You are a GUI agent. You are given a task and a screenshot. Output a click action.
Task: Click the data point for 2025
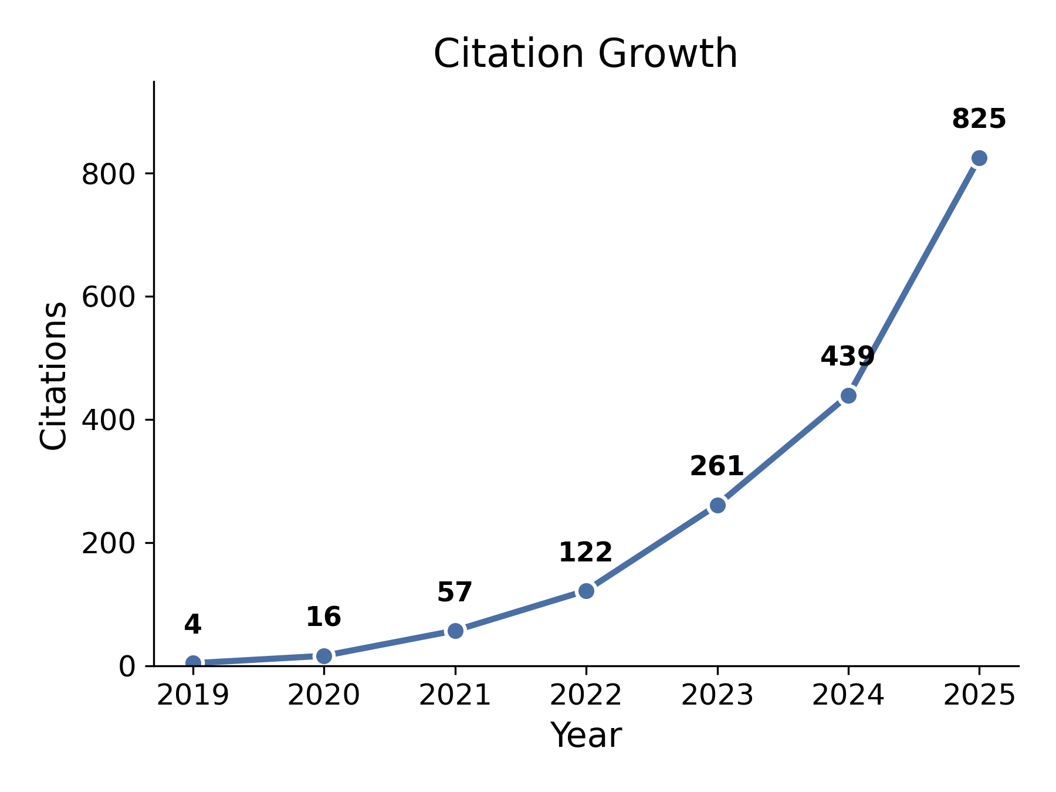coord(979,158)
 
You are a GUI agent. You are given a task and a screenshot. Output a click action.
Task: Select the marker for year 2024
coord(848,395)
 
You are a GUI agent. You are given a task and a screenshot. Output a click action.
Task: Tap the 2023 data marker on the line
coord(717,505)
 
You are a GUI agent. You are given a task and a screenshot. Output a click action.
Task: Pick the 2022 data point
coord(586,591)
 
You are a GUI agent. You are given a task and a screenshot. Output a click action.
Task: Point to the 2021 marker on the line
coord(455,631)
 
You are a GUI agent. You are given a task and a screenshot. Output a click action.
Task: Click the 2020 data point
coord(324,656)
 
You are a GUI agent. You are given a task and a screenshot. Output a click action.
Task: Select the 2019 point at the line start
coord(193,663)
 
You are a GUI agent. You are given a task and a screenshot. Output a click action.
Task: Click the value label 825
coord(979,119)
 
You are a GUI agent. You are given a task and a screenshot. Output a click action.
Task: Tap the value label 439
coord(847,357)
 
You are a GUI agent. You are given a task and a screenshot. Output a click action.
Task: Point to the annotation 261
coord(716,466)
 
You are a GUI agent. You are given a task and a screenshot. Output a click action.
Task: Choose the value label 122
coord(585,552)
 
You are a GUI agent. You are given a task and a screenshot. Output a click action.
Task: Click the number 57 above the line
coord(455,592)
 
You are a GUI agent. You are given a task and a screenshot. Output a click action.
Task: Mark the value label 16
coord(323,617)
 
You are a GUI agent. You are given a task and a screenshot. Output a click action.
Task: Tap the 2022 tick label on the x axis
coord(585,695)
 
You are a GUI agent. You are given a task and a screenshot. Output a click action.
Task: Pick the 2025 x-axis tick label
coord(979,695)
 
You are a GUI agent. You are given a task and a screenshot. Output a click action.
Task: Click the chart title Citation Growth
coord(585,54)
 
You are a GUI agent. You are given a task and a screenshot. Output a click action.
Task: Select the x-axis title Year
coord(585,735)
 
